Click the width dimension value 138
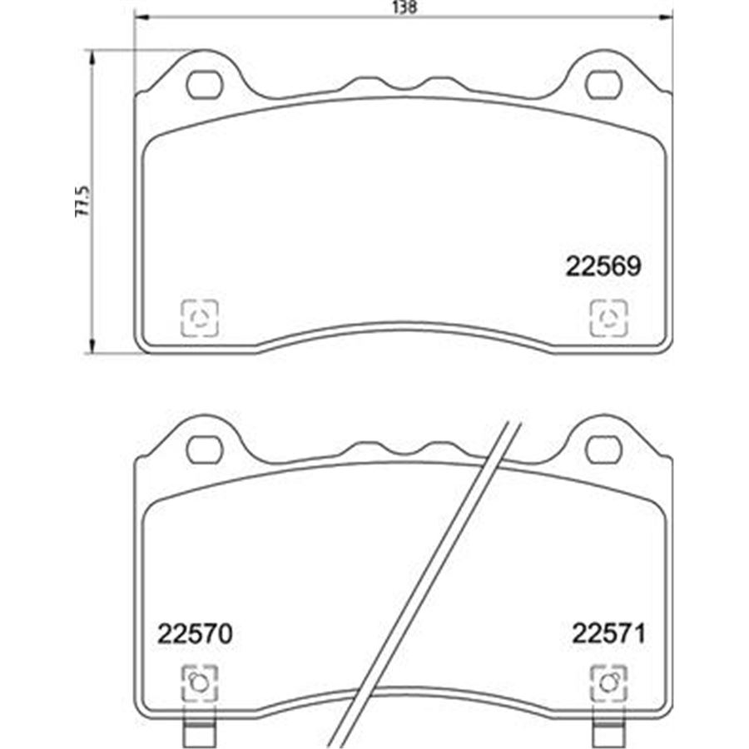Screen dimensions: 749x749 coord(403,7)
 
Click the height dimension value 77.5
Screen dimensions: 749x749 coord(81,201)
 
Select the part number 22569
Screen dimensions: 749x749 coord(603,266)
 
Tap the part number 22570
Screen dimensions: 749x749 coord(194,634)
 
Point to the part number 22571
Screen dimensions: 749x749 coord(608,634)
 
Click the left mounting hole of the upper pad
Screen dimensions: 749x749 coord(204,84)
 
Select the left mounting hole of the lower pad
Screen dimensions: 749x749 coord(204,450)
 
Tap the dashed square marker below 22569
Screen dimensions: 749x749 coord(609,318)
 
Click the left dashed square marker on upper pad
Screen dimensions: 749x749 coord(200,318)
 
